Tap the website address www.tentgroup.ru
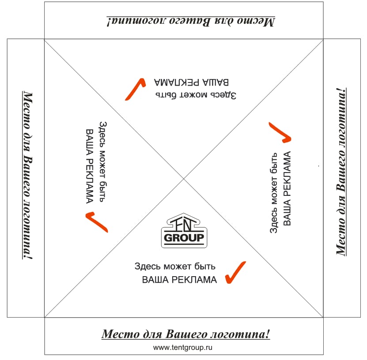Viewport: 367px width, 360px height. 183,348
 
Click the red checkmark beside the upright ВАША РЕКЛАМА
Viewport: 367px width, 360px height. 235,273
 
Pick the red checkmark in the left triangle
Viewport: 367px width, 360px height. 97,221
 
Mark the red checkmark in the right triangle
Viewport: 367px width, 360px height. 280,132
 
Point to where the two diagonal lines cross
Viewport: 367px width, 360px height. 184,178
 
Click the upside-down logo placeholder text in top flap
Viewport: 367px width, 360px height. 190,21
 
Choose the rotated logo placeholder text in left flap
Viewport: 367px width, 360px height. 28,175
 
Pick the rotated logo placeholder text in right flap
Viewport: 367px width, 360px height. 340,172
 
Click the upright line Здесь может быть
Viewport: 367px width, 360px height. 175,266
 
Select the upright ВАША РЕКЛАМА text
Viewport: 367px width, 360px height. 179,280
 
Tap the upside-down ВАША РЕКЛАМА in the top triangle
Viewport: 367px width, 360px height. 192,82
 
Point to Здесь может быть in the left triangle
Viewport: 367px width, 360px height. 102,163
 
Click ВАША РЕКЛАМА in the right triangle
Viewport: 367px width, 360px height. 287,188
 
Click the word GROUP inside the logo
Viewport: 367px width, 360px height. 184,239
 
